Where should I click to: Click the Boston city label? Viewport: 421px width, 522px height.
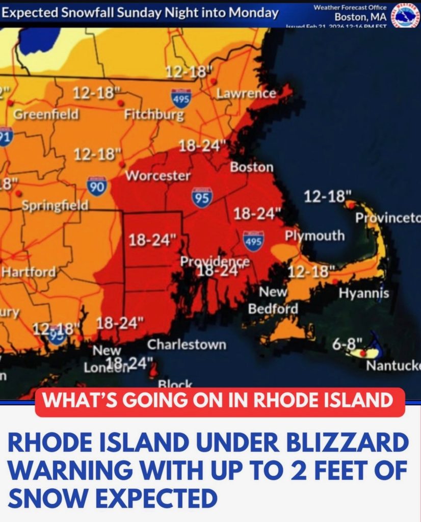coord(251,167)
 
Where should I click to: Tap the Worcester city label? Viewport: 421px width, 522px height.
coord(157,176)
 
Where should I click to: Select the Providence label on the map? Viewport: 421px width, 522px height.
coord(215,262)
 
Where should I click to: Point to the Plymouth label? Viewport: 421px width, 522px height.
coord(314,236)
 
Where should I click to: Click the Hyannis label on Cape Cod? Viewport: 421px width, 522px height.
coord(363,293)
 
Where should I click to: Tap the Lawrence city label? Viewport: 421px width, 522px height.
coord(246,93)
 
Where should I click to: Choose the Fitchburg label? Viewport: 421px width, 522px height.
coord(154,114)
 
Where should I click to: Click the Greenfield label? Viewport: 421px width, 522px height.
coord(46,114)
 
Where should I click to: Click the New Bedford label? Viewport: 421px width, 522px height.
coord(273,300)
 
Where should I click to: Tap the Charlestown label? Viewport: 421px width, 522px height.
coord(187,345)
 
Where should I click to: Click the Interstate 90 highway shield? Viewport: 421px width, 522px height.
coord(96,186)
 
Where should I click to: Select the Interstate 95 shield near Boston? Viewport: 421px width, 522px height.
coord(202,198)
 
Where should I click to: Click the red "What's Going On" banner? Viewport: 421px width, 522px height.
coord(220,401)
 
